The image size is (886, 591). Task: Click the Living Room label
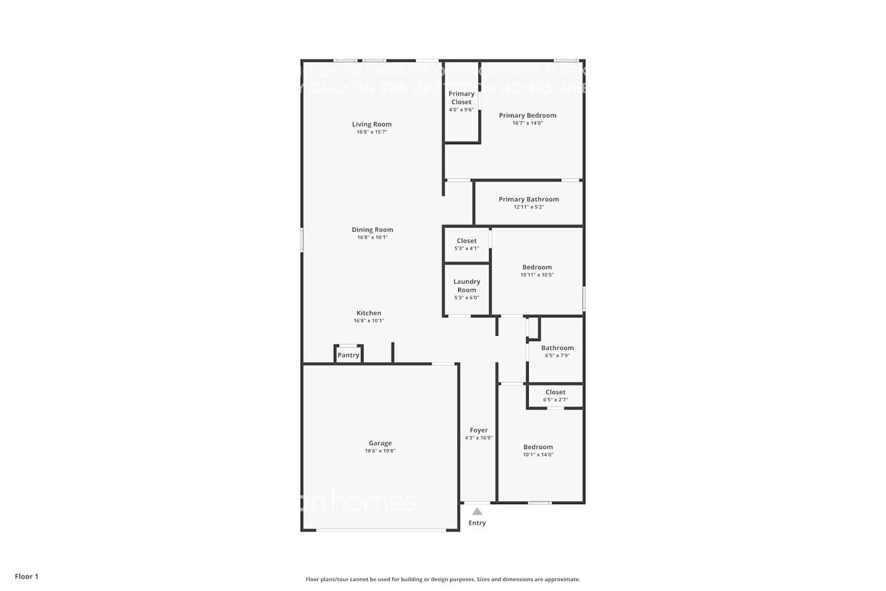372,124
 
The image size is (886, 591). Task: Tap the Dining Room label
372,230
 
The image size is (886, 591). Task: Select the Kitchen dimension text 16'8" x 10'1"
369,321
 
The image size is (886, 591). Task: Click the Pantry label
348,355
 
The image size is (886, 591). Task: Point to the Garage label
380,443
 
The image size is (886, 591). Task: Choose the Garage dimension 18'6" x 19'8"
380,451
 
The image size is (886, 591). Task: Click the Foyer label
478,430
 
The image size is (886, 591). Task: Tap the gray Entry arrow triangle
477,511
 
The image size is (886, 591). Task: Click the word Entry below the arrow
477,523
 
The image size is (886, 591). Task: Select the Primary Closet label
461,98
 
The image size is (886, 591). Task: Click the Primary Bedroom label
527,115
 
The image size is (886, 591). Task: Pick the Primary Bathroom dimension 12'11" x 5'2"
529,207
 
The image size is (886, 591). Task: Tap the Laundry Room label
467,285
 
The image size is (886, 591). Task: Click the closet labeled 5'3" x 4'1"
467,244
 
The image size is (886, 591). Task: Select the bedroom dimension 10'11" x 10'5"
537,275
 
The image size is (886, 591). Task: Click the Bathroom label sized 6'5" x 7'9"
557,348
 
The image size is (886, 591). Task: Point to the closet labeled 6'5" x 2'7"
555,395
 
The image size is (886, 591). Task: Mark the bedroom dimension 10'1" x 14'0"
538,455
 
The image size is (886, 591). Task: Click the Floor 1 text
27,577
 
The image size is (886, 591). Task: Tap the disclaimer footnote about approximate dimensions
442,580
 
